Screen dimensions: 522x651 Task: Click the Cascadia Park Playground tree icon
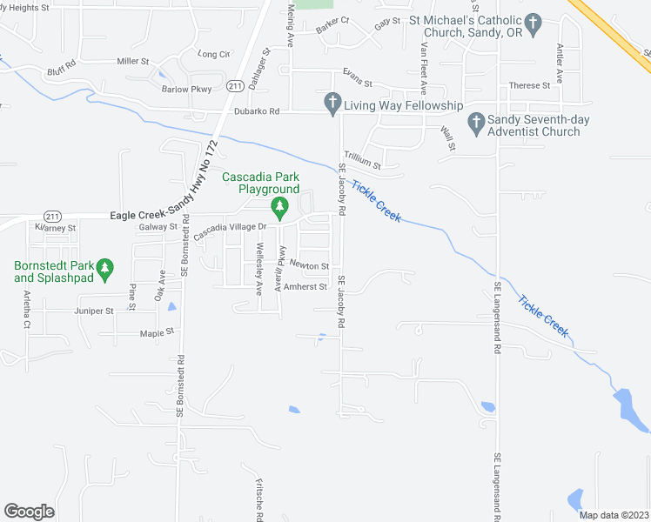279,207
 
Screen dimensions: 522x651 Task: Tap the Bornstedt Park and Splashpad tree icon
104,268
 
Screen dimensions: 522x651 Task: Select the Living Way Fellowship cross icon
332,104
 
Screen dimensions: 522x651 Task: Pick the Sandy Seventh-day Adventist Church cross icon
475,123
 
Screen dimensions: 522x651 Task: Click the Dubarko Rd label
260,111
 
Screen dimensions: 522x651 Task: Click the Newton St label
309,265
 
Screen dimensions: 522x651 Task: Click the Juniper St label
96,311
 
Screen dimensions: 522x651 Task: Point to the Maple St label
158,331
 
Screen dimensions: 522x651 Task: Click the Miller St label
133,62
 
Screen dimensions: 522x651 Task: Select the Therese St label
530,85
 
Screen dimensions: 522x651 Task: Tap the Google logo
29,512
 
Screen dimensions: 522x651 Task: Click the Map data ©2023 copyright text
613,515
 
